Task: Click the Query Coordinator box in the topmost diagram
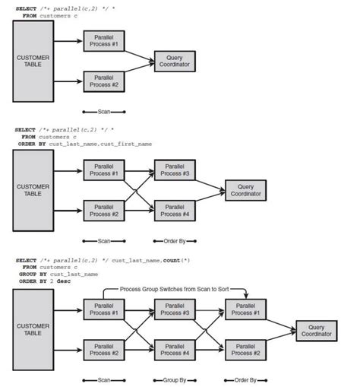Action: pyautogui.click(x=174, y=60)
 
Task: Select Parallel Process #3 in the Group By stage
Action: pyautogui.click(x=175, y=309)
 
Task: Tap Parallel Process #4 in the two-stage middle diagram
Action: pyautogui.click(x=175, y=209)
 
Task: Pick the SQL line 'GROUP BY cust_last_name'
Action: pyautogui.click(x=58, y=274)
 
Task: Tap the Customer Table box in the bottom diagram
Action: pyautogui.click(x=33, y=329)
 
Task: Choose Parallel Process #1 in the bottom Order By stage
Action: pyautogui.click(x=245, y=309)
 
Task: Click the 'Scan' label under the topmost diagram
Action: pyautogui.click(x=104, y=111)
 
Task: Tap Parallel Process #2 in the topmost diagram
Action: pyautogui.click(x=104, y=81)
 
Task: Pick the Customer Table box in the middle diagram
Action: pyautogui.click(x=33, y=189)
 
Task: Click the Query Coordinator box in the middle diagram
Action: pyautogui.click(x=245, y=190)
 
